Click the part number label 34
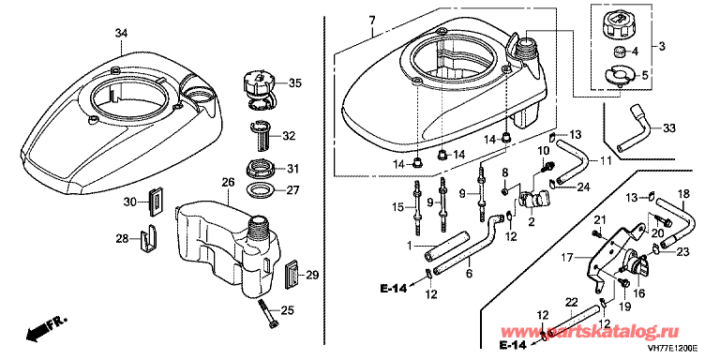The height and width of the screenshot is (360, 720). [x=121, y=34]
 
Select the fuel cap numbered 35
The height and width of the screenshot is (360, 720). [x=259, y=90]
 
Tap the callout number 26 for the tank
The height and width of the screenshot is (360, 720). [x=228, y=183]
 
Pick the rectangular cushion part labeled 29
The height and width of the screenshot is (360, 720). [x=292, y=274]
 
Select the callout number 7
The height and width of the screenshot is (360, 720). [x=372, y=21]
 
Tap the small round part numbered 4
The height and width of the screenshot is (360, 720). [x=618, y=52]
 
